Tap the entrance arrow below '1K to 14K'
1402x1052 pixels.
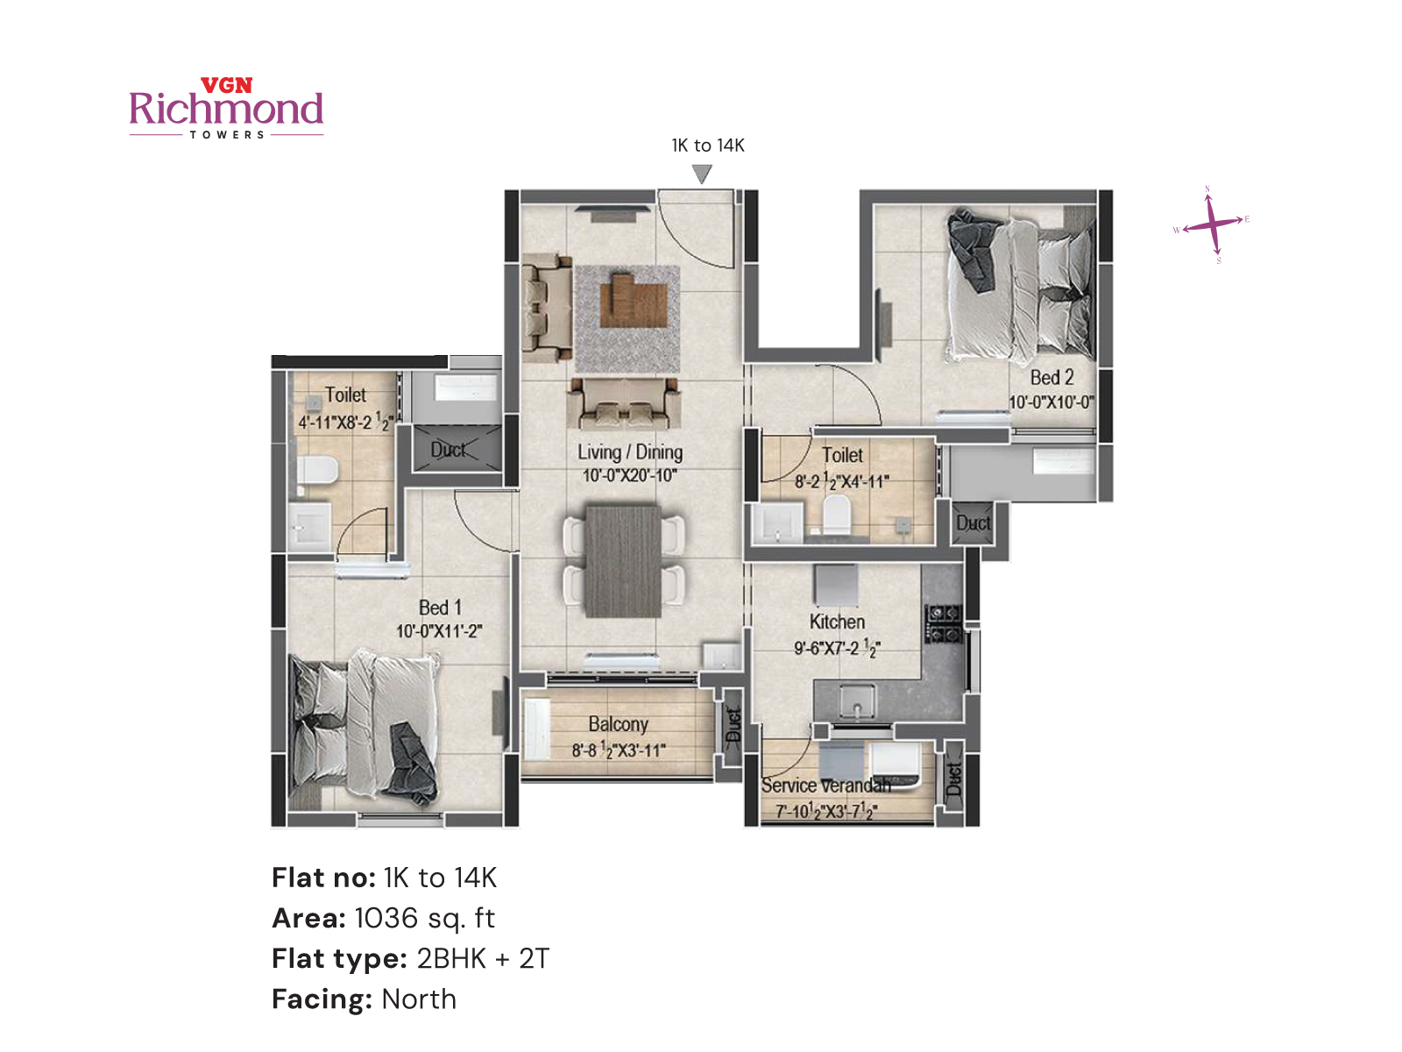click(x=702, y=174)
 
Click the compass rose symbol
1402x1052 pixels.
click(x=1212, y=224)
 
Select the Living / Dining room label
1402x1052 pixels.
click(x=630, y=452)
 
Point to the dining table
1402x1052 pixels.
click(x=624, y=561)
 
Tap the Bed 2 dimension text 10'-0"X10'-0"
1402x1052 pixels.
click(x=1051, y=402)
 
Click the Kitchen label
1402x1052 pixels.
click(x=837, y=622)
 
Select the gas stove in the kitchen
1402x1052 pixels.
click(x=944, y=622)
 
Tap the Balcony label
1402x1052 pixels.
click(x=619, y=724)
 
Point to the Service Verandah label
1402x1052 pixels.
click(x=825, y=785)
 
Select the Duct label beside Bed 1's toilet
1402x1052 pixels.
click(x=448, y=450)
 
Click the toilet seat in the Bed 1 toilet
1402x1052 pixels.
click(x=317, y=470)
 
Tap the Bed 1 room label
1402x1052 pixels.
click(x=440, y=608)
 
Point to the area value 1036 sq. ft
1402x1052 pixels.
click(x=424, y=918)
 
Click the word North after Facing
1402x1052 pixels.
click(x=419, y=999)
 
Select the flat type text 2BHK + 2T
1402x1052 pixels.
click(x=483, y=958)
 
